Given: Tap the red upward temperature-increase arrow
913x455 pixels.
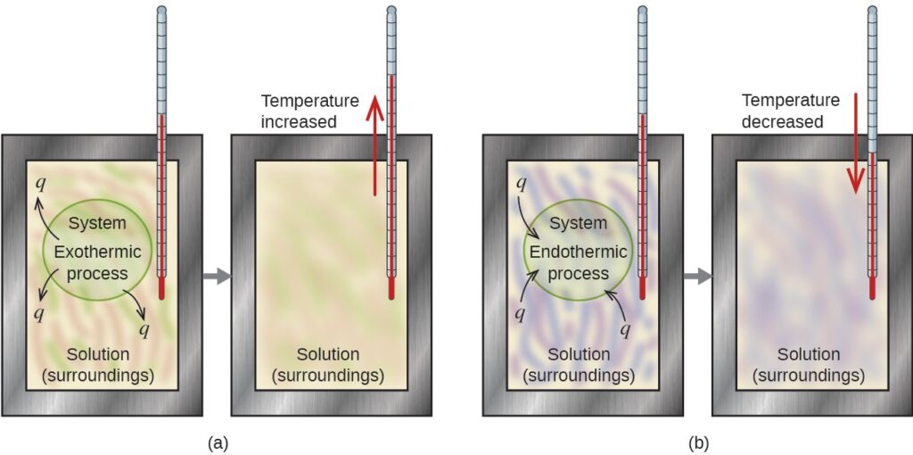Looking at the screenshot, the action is [x=374, y=150].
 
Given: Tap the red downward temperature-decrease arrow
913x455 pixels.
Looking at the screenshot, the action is [x=855, y=144].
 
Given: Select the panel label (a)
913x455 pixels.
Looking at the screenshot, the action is [x=218, y=443].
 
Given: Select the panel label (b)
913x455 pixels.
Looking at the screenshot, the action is [x=699, y=443].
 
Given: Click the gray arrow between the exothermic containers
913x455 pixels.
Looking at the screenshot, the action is [x=217, y=276].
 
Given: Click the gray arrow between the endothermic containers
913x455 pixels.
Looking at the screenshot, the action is [x=697, y=276].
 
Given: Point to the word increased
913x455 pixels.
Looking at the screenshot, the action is [x=300, y=121].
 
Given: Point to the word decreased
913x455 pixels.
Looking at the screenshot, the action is [x=783, y=121].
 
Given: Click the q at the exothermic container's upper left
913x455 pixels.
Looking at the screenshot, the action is [x=39, y=182].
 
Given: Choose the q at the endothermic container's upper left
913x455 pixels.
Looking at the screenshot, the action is [x=521, y=183].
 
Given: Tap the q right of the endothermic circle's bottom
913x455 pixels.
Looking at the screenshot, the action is [x=625, y=330].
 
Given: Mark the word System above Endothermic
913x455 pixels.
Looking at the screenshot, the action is [x=579, y=223].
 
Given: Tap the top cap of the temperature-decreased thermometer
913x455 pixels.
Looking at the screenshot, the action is [x=872, y=9].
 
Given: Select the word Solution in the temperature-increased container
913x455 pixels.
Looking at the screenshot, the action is [x=328, y=354].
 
